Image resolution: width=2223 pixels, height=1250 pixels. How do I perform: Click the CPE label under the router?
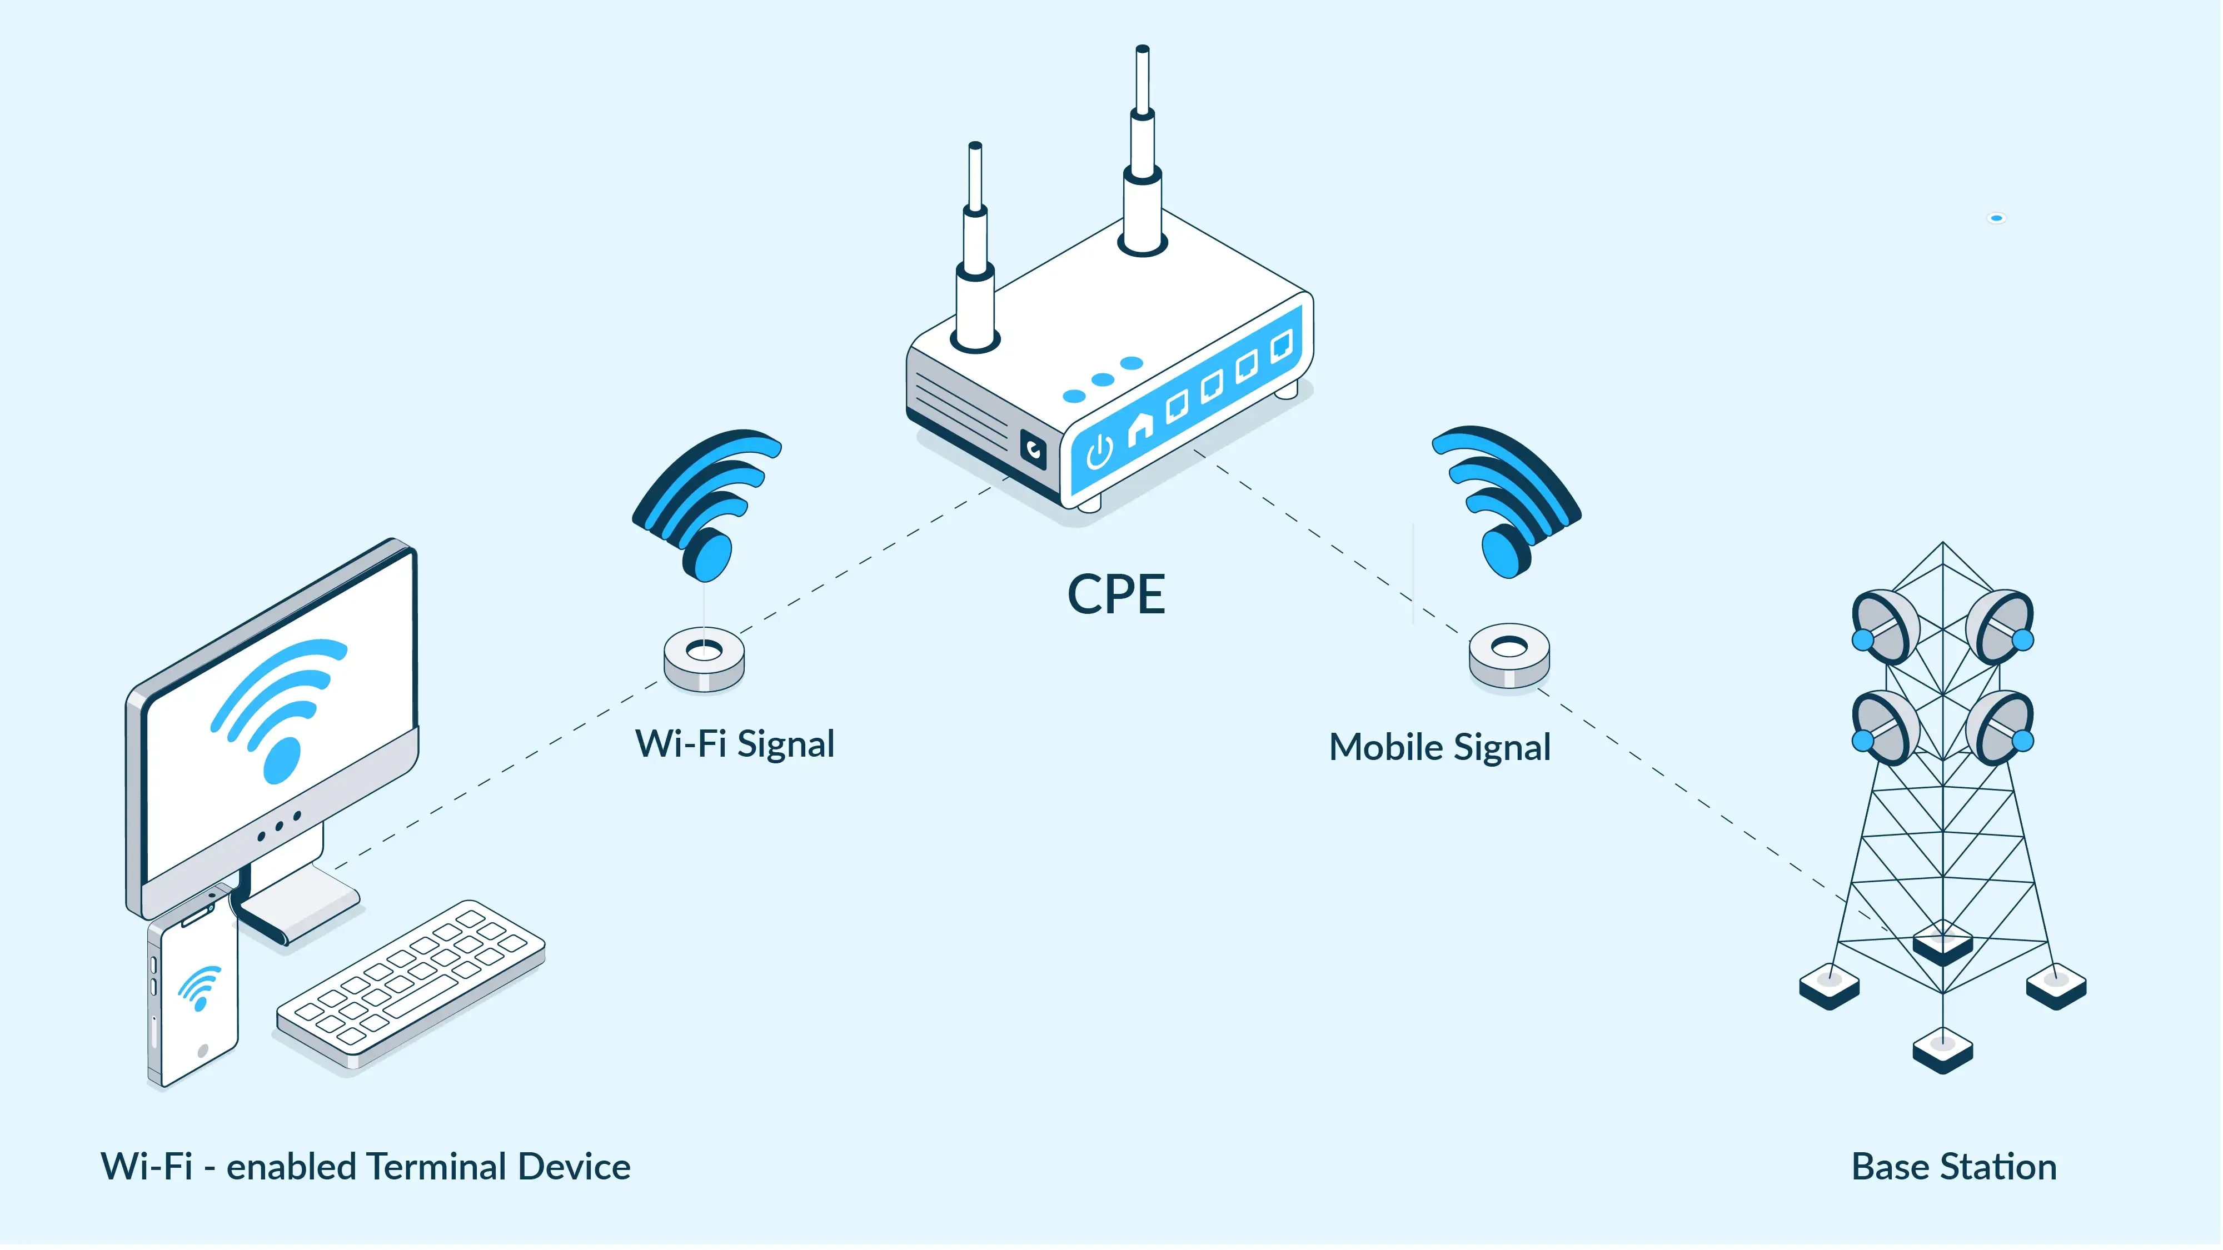click(1116, 594)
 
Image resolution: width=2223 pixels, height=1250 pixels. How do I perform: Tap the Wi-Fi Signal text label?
click(734, 744)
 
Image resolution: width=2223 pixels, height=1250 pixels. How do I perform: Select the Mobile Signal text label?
click(1439, 748)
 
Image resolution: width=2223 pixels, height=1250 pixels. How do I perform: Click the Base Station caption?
click(1954, 1167)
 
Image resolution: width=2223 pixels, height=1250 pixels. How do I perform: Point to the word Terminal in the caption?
click(436, 1167)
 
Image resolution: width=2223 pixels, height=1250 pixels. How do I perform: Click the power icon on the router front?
click(1099, 451)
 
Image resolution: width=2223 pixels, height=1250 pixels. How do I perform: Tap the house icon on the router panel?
click(1140, 426)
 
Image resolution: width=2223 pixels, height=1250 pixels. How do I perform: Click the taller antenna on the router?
click(1143, 156)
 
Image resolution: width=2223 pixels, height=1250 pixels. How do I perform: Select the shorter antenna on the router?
click(975, 250)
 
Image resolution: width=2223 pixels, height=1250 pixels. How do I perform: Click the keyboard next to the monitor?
click(411, 983)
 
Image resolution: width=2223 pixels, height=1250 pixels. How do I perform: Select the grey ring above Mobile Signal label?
click(1508, 656)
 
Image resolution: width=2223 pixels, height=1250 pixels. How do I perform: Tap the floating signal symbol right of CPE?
click(1506, 501)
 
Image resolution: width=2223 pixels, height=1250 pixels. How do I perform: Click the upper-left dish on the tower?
click(1886, 626)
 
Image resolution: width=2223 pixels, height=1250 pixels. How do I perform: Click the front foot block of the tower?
click(1942, 1051)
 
